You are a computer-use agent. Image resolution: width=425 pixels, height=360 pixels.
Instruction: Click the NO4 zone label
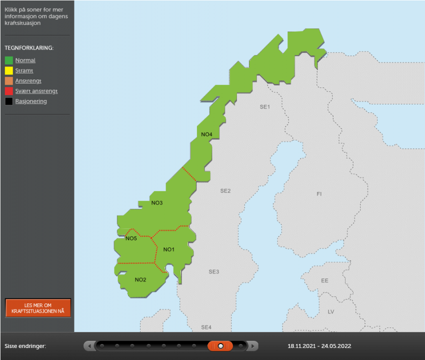(x=206, y=134)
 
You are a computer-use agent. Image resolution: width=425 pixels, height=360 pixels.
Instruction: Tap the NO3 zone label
(x=157, y=203)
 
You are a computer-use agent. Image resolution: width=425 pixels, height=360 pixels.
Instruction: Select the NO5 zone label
(x=131, y=238)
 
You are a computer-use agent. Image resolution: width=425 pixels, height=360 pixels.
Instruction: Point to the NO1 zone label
(x=168, y=249)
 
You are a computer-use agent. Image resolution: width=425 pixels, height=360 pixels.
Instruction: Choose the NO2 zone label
(x=140, y=279)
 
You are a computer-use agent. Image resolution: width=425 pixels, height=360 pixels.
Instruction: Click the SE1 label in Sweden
(x=264, y=107)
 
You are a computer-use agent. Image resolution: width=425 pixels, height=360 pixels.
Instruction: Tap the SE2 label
(x=225, y=191)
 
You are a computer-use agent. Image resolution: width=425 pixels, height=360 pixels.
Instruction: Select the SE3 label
(x=214, y=272)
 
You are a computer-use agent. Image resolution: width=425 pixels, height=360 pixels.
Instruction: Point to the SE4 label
(x=206, y=327)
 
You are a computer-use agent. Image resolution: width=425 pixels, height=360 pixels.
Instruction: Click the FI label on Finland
(x=319, y=193)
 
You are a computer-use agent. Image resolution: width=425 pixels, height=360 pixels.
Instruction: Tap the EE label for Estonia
(x=324, y=280)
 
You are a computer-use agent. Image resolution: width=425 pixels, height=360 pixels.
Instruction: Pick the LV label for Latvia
(x=330, y=312)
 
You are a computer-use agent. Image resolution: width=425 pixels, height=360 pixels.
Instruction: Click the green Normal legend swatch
(x=9, y=60)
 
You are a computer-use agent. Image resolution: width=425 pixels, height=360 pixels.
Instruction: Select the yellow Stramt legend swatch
(x=9, y=70)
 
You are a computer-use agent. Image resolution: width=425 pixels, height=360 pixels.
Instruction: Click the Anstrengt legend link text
(x=28, y=81)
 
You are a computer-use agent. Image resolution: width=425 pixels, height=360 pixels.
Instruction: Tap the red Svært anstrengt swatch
(x=9, y=91)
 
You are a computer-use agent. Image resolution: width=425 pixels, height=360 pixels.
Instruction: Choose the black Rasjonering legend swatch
(x=9, y=101)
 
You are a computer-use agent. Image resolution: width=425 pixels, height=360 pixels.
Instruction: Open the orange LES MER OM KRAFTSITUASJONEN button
(x=38, y=308)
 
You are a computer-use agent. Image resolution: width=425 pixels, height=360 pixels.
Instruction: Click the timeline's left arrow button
(x=89, y=346)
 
